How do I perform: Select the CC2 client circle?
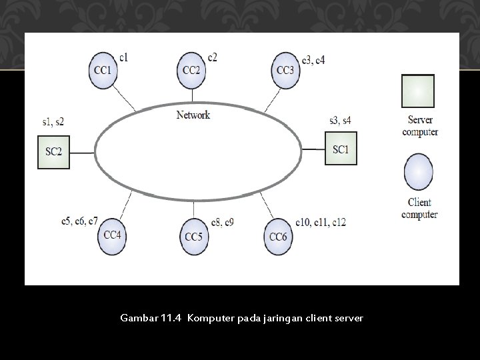[192, 70]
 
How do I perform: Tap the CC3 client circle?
[285, 70]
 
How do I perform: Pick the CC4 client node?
[112, 234]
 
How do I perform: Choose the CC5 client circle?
[193, 236]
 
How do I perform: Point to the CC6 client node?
[277, 236]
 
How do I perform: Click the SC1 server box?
[341, 149]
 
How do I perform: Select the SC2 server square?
[53, 152]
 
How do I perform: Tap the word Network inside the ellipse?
[193, 115]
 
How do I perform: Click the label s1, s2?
[53, 121]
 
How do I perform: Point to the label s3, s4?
[341, 120]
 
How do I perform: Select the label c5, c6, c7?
[79, 220]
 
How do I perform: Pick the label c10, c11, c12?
[321, 221]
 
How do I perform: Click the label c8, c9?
[222, 221]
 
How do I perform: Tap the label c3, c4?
[313, 60]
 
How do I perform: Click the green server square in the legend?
[418, 91]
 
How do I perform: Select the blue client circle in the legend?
[420, 173]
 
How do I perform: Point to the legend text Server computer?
[420, 126]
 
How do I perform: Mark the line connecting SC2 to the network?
[82, 153]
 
